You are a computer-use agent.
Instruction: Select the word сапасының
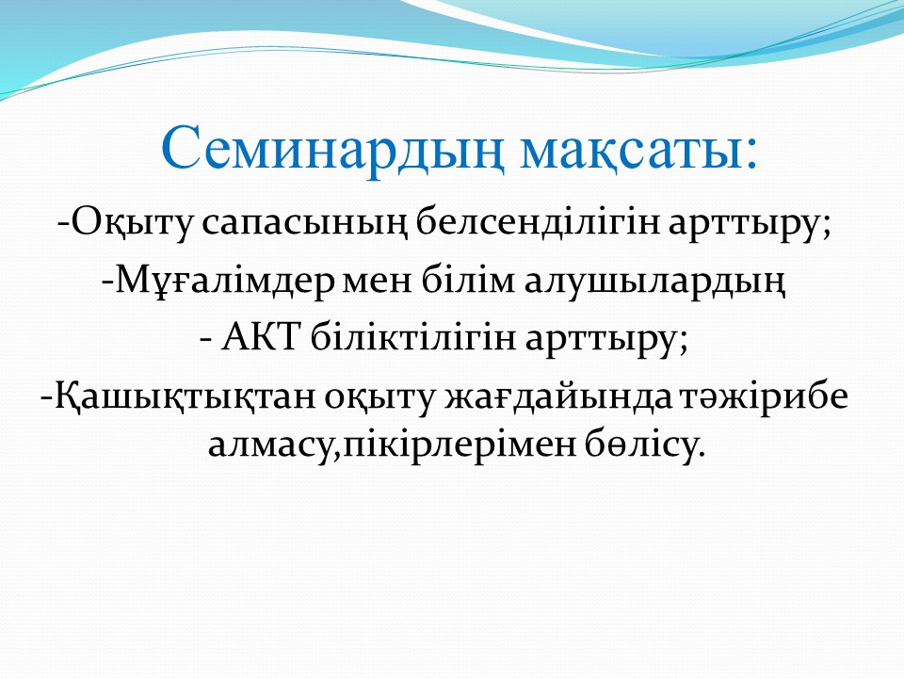[x=304, y=224]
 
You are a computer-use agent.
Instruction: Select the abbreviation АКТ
[x=263, y=337]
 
